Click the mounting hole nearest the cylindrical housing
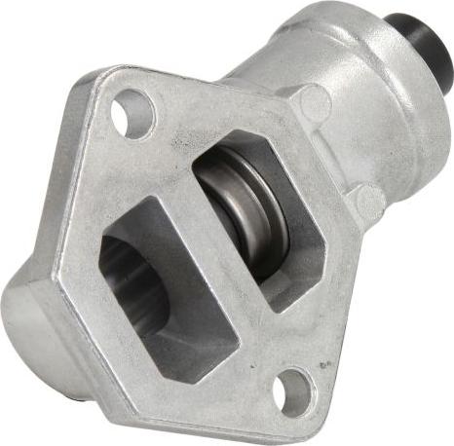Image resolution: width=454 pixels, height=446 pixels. [x=132, y=113]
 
